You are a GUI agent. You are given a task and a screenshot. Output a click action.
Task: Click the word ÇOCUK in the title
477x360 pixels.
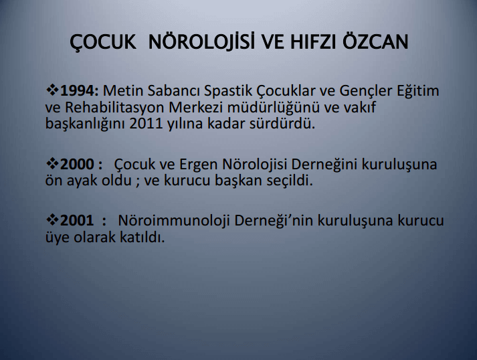103,43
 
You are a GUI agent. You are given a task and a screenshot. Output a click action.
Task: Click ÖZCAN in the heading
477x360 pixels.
375,41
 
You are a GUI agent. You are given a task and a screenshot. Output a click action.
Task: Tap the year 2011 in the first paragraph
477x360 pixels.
147,124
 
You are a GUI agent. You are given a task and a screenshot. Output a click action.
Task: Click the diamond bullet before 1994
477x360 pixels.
52,91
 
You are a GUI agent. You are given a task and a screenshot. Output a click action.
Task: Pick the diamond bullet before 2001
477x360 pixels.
52,220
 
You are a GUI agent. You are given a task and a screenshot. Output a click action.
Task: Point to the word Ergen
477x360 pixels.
198,165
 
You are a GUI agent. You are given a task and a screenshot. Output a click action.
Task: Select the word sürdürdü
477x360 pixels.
282,124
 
